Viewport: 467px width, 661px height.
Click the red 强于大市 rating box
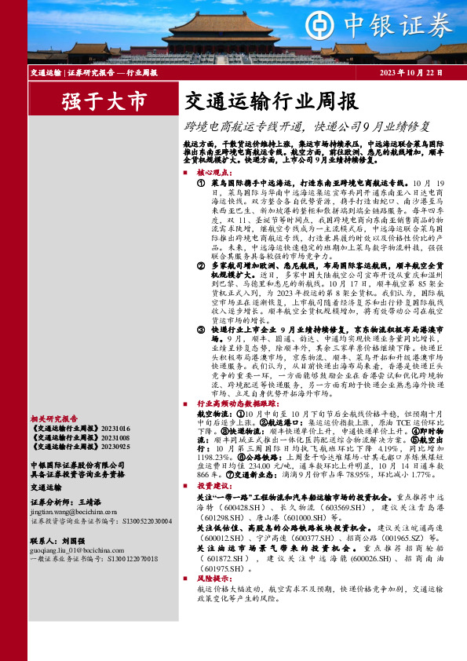point(104,101)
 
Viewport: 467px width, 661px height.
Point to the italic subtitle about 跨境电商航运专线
point(308,126)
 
